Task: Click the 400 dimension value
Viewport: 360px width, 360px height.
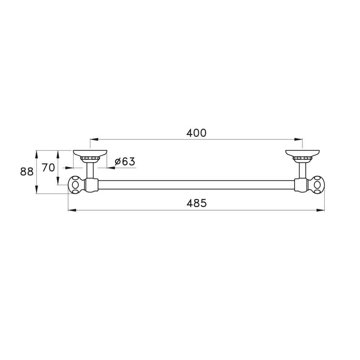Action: tap(196, 133)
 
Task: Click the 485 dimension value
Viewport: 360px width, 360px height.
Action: tap(197, 203)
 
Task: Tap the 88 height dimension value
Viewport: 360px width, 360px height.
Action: tap(27, 172)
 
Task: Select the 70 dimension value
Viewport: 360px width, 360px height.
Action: tap(48, 167)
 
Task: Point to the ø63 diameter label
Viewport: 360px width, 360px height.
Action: tap(125, 162)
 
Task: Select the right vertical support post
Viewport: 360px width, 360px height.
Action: tap(302, 169)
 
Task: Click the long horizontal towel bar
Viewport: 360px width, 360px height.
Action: tap(196, 185)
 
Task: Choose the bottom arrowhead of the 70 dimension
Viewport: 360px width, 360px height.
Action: tap(58, 182)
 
